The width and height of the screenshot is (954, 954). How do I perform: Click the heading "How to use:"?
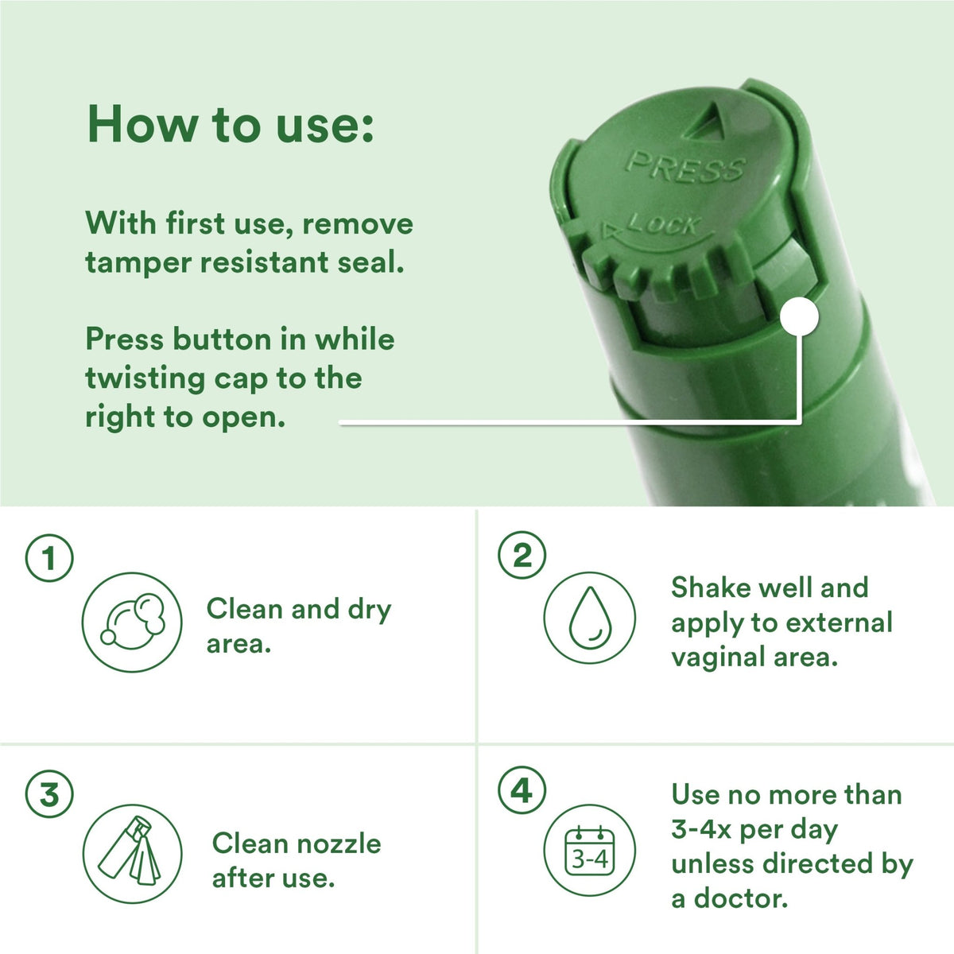pyautogui.click(x=231, y=124)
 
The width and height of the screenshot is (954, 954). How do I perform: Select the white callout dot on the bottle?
pyautogui.click(x=799, y=316)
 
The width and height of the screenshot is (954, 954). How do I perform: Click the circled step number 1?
pyautogui.click(x=49, y=557)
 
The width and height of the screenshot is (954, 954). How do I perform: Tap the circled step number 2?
pyautogui.click(x=522, y=555)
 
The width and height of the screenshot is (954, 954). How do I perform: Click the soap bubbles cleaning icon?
pyautogui.click(x=132, y=622)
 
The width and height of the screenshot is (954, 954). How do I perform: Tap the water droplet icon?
pyautogui.click(x=589, y=618)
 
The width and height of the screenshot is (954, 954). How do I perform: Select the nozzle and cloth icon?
pyautogui.click(x=132, y=853)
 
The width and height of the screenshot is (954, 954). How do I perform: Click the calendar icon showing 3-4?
pyautogui.click(x=589, y=850)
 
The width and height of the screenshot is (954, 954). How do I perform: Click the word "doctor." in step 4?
pyautogui.click(x=741, y=898)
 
